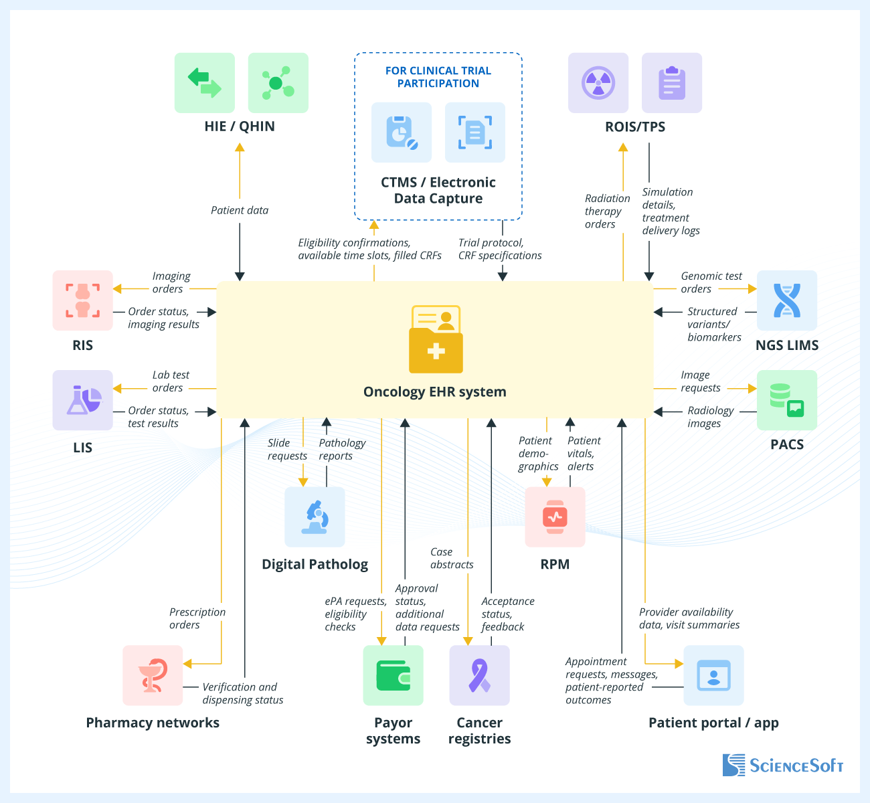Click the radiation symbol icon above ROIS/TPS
click(598, 83)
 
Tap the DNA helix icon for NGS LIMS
click(787, 300)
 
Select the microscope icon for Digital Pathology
click(315, 517)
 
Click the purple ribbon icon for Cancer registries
click(479, 675)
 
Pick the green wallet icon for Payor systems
click(393, 675)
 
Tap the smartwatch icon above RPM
click(555, 517)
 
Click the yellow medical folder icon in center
click(436, 339)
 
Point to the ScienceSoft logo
click(782, 765)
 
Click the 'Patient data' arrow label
click(240, 210)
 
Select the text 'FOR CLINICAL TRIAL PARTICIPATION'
click(438, 77)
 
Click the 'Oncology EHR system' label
click(435, 392)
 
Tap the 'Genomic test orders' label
click(711, 282)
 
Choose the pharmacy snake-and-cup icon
click(153, 675)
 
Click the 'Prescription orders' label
click(197, 618)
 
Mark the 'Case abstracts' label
click(451, 558)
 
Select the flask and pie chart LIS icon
click(83, 400)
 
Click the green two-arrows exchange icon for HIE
click(205, 83)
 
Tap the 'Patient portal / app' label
click(713, 723)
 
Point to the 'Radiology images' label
click(710, 417)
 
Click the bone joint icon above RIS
click(83, 300)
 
